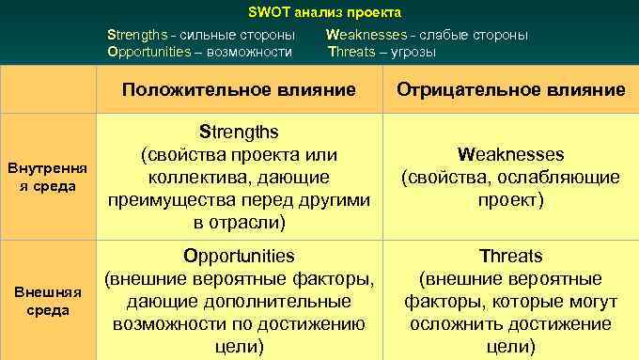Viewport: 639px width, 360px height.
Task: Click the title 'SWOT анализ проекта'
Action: [324, 13]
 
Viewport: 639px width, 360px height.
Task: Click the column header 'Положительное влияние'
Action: [238, 90]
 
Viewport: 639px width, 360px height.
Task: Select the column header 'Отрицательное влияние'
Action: [510, 90]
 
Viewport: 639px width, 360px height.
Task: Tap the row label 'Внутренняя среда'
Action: [47, 177]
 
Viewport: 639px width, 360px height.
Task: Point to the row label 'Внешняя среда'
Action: [47, 301]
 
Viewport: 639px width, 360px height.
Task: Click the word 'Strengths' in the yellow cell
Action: [238, 132]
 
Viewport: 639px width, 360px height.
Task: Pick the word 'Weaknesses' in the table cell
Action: [510, 154]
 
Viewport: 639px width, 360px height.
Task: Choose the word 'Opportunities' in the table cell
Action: [239, 256]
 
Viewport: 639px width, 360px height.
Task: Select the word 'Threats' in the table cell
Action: [510, 256]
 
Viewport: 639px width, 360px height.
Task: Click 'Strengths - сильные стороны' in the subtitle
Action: [200, 35]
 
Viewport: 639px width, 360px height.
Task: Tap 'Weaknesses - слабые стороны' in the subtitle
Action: [427, 35]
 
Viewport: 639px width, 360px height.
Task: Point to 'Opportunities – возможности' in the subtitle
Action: [199, 52]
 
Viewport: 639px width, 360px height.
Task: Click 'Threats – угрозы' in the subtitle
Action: [382, 52]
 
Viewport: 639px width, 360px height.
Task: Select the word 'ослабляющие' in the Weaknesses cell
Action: [566, 177]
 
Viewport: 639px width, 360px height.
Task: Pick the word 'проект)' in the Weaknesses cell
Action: [510, 199]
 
